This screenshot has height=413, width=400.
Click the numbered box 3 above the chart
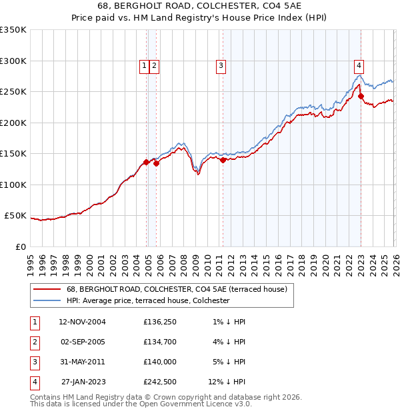point(220,65)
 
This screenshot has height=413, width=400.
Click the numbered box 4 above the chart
point(359,65)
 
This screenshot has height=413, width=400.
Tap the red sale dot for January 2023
point(361,97)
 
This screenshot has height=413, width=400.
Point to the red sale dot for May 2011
point(223,160)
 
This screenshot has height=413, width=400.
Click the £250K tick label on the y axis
point(13,91)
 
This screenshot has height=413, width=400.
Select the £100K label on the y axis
point(13,185)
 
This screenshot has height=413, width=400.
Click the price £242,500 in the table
point(159,382)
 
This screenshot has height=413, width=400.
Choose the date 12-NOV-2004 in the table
point(82,322)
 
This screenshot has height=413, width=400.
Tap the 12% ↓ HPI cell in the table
point(227,382)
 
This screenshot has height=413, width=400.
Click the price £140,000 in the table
point(159,362)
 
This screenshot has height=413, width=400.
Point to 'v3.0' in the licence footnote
point(242,404)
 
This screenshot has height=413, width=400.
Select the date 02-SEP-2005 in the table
point(82,342)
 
